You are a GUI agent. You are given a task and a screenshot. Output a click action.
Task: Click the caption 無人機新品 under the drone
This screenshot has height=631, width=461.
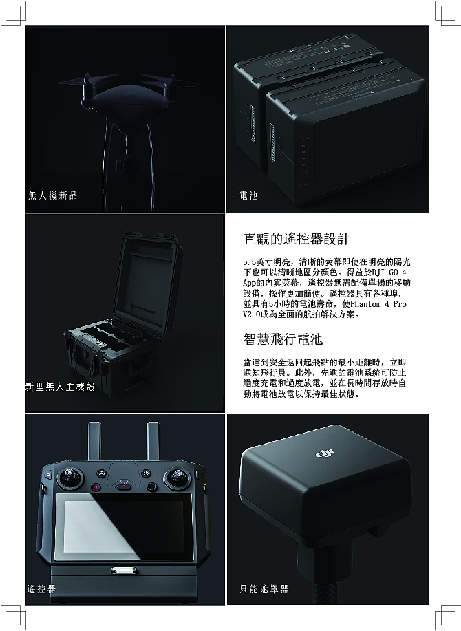click(x=53, y=195)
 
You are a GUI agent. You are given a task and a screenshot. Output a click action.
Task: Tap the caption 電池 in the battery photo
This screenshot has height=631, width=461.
click(x=248, y=195)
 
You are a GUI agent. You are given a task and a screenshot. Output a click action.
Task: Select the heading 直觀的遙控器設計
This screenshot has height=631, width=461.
click(x=297, y=239)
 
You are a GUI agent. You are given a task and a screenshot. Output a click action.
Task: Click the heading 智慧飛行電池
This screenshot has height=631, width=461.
click(x=283, y=339)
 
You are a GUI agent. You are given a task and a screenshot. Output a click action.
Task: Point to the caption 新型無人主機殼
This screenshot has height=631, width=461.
click(x=60, y=387)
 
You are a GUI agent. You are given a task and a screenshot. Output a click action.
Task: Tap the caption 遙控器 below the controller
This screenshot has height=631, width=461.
click(x=41, y=589)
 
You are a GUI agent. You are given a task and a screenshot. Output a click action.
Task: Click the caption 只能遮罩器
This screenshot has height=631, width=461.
click(x=264, y=589)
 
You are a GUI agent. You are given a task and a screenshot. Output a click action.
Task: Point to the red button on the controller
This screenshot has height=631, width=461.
click(x=96, y=488)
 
